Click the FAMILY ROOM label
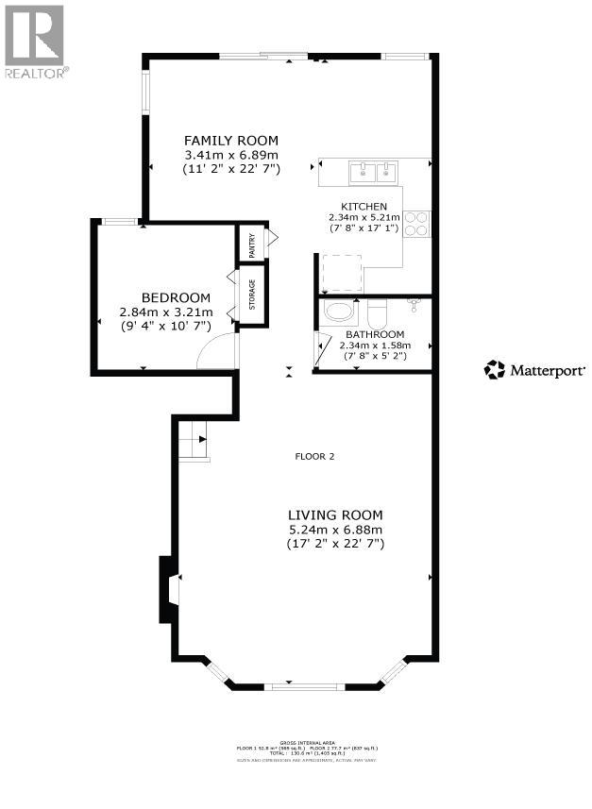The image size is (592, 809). [x=231, y=141]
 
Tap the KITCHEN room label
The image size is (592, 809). [x=364, y=206]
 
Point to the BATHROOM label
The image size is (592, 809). [x=375, y=334]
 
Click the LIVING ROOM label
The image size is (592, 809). [x=335, y=514]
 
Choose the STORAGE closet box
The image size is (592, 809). [x=251, y=295]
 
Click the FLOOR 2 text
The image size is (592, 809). [x=314, y=457]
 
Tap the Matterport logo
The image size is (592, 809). [x=534, y=370]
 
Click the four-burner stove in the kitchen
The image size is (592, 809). [x=416, y=225]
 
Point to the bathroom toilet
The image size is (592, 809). [x=378, y=311]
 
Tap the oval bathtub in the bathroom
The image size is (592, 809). [x=338, y=312]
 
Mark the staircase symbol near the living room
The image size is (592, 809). [x=193, y=441]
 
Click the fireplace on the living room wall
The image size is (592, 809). [x=168, y=589]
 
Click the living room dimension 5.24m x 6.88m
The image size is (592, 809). [x=335, y=530]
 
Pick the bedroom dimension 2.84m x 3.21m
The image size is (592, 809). [x=166, y=312]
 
